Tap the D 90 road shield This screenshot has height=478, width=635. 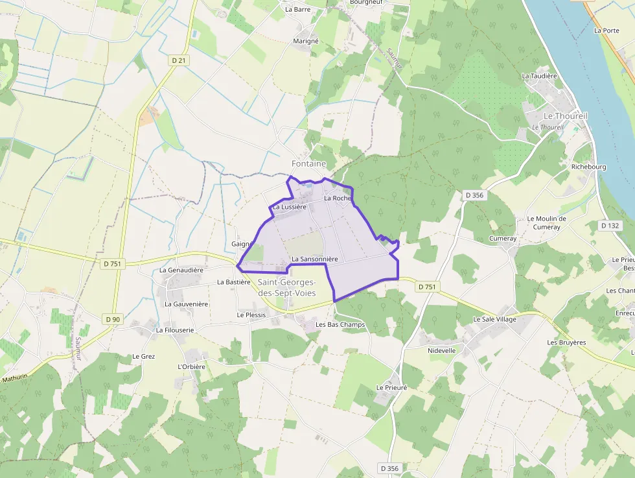coord(113,319)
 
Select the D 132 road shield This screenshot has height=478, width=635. coord(610,226)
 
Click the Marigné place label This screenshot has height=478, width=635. coord(306,41)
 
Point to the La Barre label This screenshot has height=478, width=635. coord(298,10)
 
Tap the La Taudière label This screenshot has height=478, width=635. coord(540,76)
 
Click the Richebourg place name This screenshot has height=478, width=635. coord(588,167)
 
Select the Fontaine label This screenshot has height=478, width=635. coord(308,164)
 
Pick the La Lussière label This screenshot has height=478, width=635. coord(289,207)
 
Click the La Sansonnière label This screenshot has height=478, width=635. coord(315,259)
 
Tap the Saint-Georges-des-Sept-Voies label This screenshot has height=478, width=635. coord(286,288)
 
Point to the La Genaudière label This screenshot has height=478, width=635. coord(181,270)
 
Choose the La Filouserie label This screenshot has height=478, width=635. coord(175,330)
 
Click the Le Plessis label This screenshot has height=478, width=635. coord(251,315)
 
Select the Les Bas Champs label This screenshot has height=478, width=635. coord(340,324)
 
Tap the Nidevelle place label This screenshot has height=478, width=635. coord(442,350)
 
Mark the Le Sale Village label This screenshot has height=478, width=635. coord(494,319)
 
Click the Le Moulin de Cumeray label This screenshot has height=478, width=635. coord(547,222)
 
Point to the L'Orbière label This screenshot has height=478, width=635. coord(191,366)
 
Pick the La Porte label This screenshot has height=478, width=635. coord(606,30)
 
